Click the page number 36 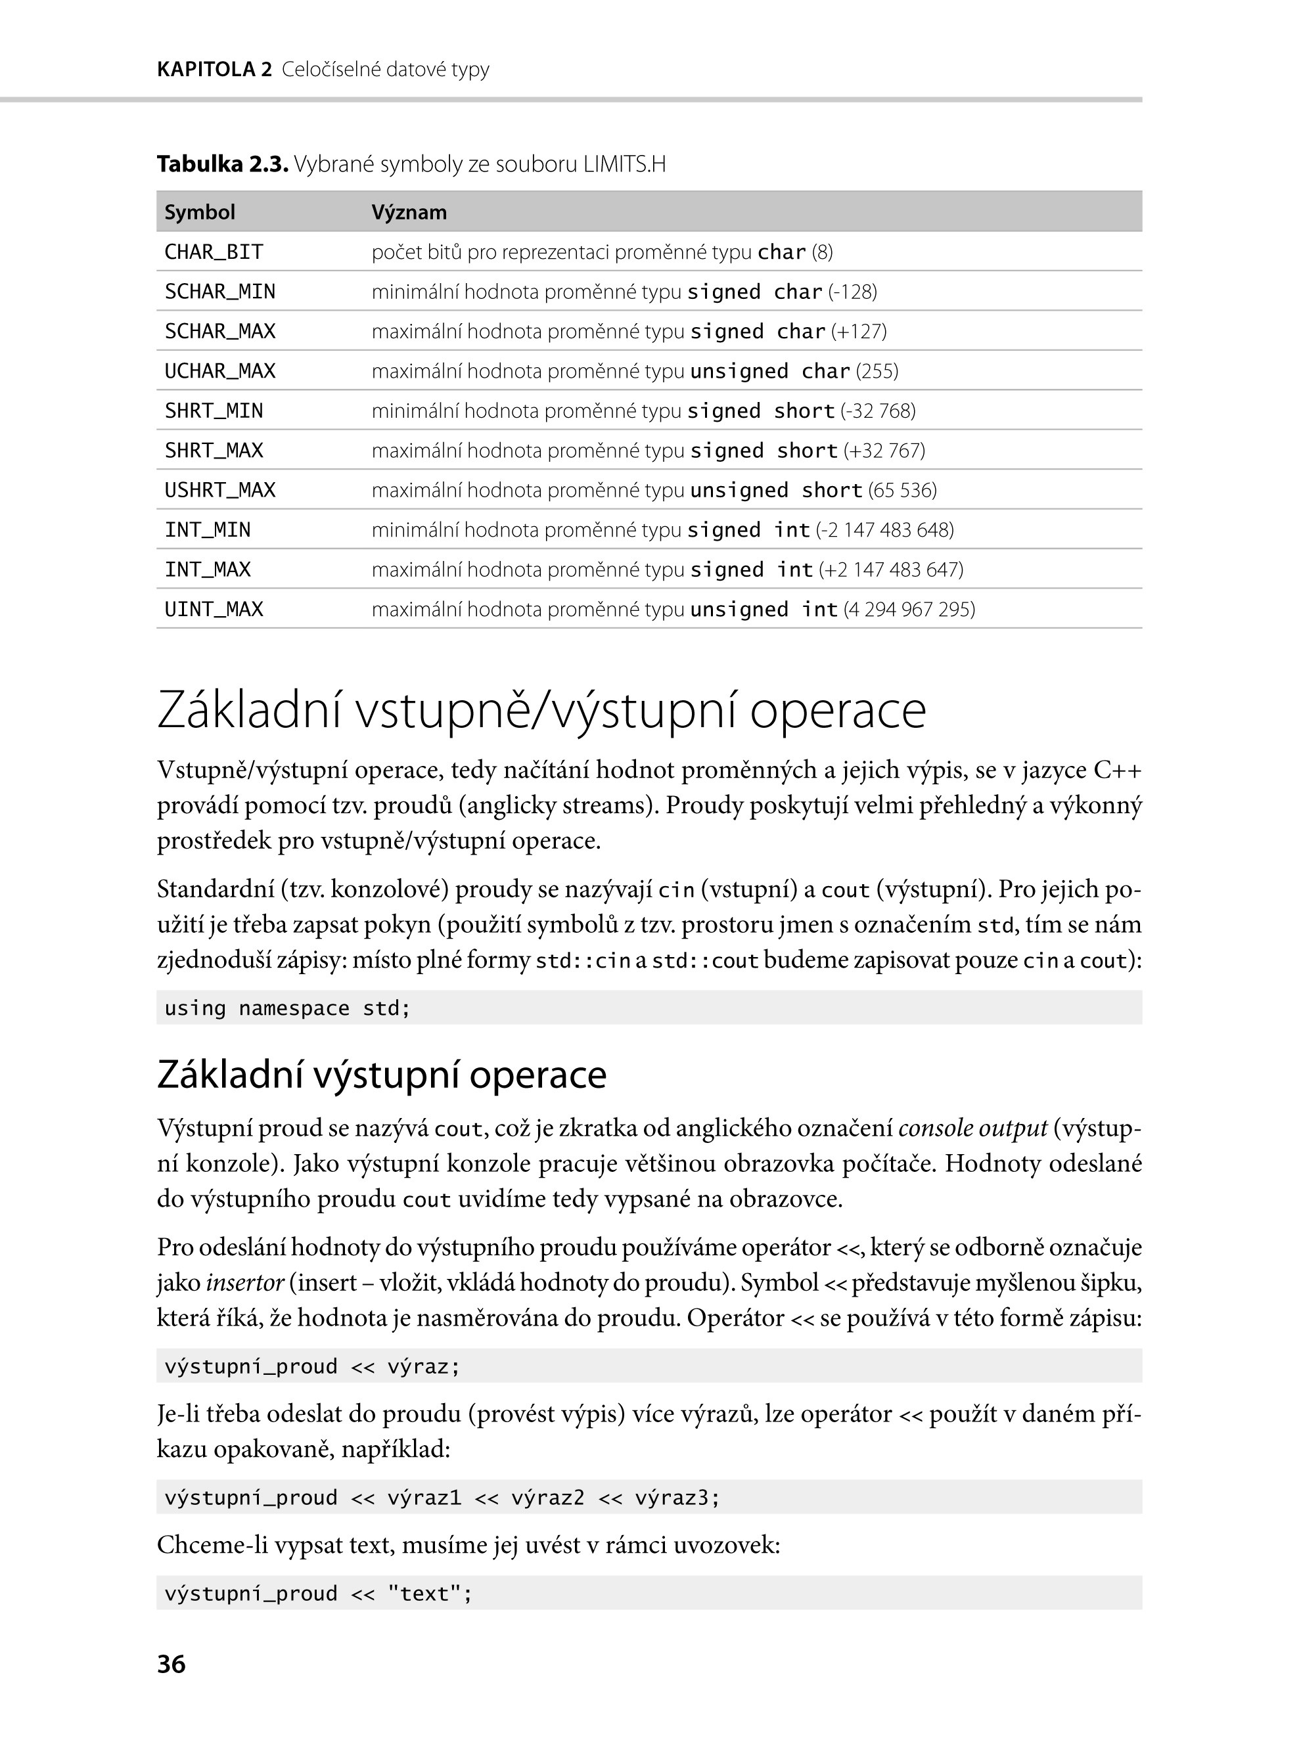[171, 1664]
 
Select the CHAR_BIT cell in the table [214, 252]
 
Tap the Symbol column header [199, 212]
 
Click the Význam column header [409, 212]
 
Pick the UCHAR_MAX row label [219, 371]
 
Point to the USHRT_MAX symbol [219, 490]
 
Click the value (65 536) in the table [903, 490]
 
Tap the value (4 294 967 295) [909, 609]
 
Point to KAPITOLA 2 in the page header [214, 69]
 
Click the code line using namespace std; [287, 1008]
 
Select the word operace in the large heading [837, 710]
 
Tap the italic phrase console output [972, 1129]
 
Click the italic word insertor [244, 1283]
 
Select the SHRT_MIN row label [214, 410]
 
